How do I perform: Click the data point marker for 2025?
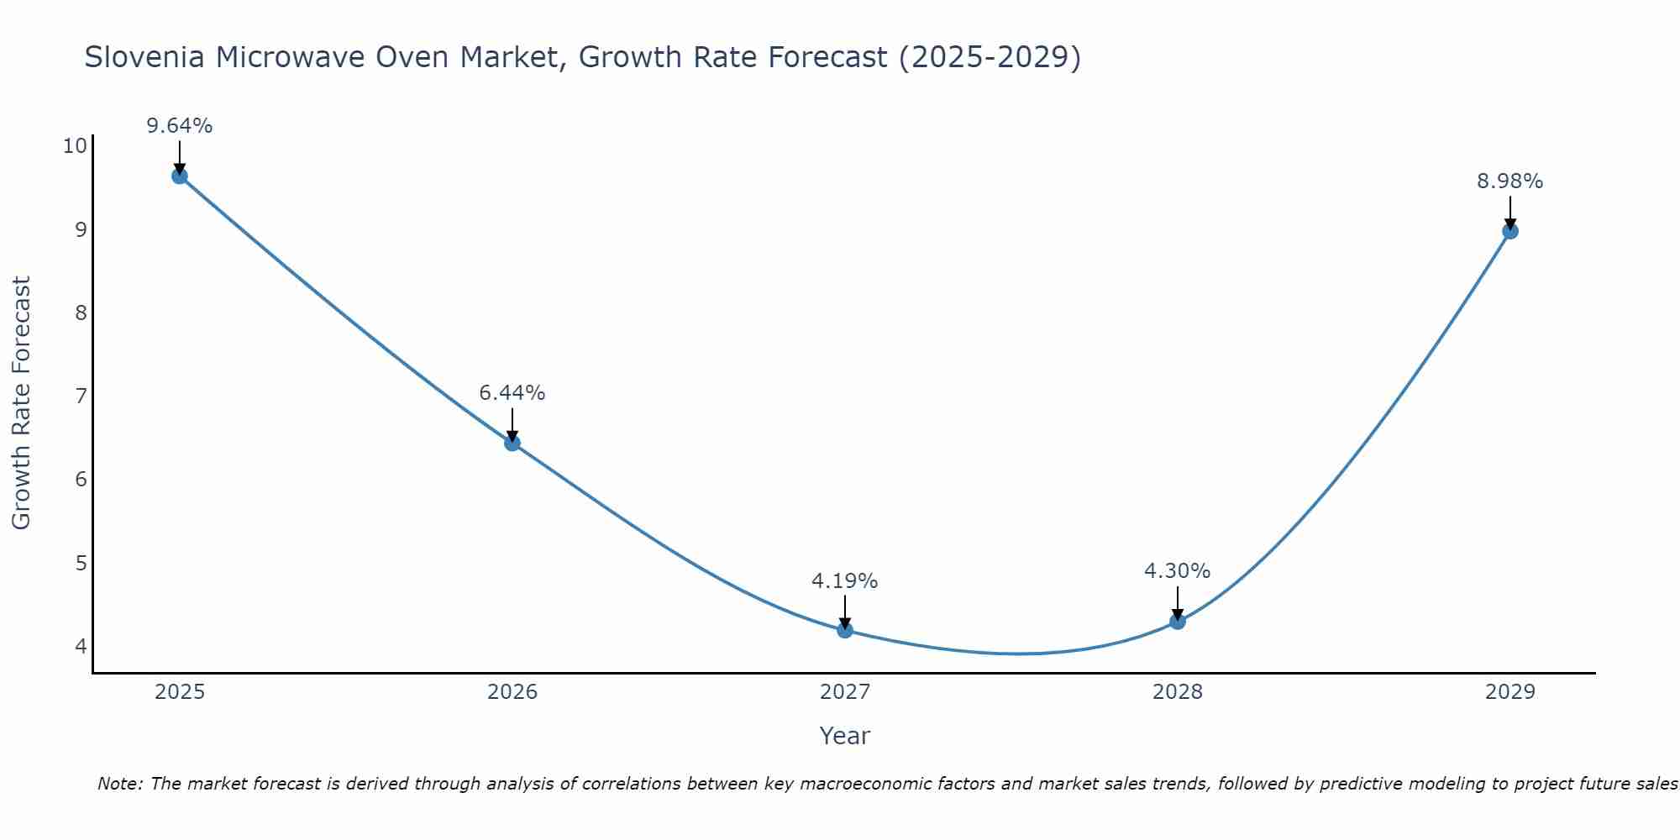point(179,176)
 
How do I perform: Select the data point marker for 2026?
point(512,443)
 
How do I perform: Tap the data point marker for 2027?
point(845,630)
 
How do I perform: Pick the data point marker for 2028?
point(1178,622)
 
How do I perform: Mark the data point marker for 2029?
point(1510,231)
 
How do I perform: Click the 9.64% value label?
point(179,126)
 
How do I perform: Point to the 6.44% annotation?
point(512,393)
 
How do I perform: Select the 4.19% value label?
point(845,580)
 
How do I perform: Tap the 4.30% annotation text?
point(1178,571)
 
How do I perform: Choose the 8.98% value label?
point(1510,181)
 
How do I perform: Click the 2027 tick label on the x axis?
point(845,692)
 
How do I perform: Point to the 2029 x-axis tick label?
point(1510,692)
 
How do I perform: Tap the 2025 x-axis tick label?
point(180,692)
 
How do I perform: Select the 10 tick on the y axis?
point(75,146)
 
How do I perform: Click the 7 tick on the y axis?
point(81,396)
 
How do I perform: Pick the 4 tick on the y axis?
point(81,646)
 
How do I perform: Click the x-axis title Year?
point(845,736)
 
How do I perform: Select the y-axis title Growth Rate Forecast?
point(22,403)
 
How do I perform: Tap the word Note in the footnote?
point(118,784)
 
